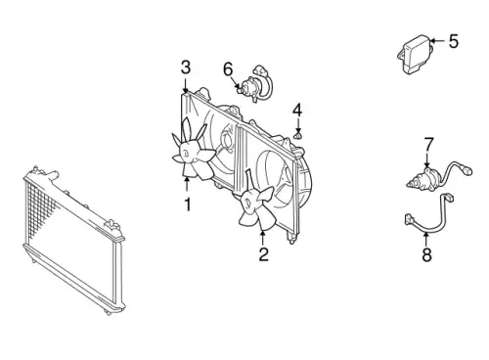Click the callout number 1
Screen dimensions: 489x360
click(x=188, y=204)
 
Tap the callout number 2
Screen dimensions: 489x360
click(x=263, y=254)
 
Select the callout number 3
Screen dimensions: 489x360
click(x=186, y=67)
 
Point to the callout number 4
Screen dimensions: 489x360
click(x=297, y=111)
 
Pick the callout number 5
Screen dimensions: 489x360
click(x=454, y=41)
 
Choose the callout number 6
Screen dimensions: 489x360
click(x=228, y=69)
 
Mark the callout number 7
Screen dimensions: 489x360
click(x=428, y=145)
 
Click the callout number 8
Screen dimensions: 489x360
click(x=426, y=254)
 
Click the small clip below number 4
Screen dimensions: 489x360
click(x=297, y=135)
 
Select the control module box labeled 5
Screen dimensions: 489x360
click(x=416, y=54)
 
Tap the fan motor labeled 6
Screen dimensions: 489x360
click(x=255, y=84)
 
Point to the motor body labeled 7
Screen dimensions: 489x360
click(x=424, y=180)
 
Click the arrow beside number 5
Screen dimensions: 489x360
click(x=437, y=41)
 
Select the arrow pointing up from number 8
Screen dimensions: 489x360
click(x=426, y=240)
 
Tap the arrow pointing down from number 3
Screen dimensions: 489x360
click(x=186, y=85)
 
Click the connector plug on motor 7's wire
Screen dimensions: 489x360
click(x=468, y=170)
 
